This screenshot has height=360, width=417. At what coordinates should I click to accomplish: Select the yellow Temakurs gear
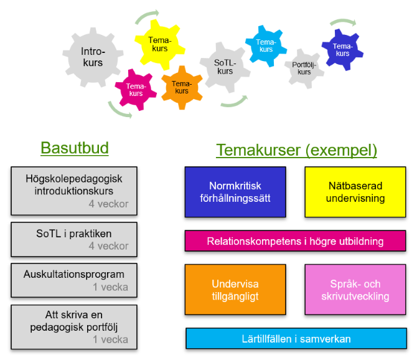point(159,44)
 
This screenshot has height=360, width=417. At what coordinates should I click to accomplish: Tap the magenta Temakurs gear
point(135,90)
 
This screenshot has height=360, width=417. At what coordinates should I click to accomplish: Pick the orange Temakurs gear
point(181,87)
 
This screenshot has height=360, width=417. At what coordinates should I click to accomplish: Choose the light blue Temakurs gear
point(266,45)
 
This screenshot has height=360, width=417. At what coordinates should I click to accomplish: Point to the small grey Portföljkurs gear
point(304,68)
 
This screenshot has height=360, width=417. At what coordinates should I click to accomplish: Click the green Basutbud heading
point(75,148)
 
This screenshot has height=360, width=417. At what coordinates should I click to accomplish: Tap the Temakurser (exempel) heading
point(296,150)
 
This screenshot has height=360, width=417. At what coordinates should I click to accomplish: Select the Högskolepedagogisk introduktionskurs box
point(74,189)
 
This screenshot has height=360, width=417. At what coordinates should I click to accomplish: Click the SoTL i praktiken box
point(74,239)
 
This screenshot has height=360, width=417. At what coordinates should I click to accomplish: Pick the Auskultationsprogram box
point(74,280)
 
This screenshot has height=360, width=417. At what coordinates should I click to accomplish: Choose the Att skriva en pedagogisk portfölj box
point(74,326)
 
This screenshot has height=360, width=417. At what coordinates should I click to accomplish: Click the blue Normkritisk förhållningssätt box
point(235,191)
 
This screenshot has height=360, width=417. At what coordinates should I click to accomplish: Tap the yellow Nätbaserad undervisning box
point(355,191)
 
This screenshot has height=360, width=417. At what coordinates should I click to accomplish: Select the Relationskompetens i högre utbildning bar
point(295,241)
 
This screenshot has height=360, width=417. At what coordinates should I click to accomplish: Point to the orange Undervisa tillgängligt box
point(235,289)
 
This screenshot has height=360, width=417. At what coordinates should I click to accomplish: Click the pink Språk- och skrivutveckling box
point(355,289)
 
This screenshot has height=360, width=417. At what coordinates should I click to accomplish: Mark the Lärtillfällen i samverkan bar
point(296,339)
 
